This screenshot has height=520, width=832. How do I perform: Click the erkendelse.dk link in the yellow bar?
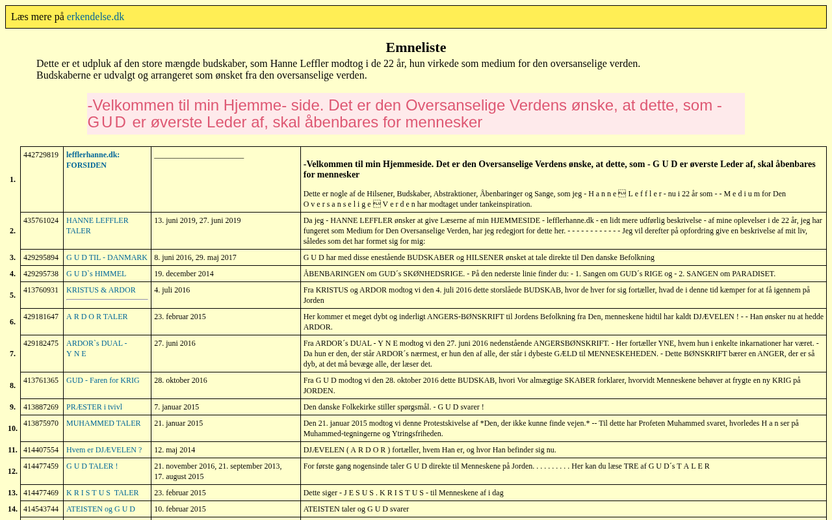point(95,17)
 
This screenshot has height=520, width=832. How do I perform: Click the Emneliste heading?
point(416,47)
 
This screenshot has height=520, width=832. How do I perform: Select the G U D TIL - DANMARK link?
point(107,257)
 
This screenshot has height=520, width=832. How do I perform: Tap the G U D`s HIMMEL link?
point(96,274)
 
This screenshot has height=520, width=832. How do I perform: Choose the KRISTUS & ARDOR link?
point(101,290)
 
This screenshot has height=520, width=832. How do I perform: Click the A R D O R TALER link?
point(97,317)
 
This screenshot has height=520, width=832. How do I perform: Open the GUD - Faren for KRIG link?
point(103,380)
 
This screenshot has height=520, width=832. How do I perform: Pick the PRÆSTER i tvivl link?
point(94,407)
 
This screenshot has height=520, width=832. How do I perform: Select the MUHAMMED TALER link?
point(103,423)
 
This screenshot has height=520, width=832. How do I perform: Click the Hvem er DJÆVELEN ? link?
point(104,450)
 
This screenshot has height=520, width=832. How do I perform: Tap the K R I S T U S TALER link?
point(102,493)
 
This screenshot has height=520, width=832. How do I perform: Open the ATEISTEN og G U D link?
point(101,509)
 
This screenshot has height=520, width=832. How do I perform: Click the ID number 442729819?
point(41,155)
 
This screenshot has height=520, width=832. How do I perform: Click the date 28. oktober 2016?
point(181,380)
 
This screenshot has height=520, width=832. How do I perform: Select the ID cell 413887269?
point(41,407)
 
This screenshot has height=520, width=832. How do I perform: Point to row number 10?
point(12,428)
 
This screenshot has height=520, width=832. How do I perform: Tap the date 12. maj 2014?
point(174,450)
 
